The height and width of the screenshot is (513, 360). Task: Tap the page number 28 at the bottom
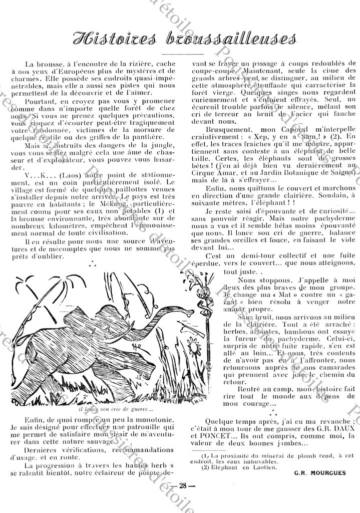point(183,498)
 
